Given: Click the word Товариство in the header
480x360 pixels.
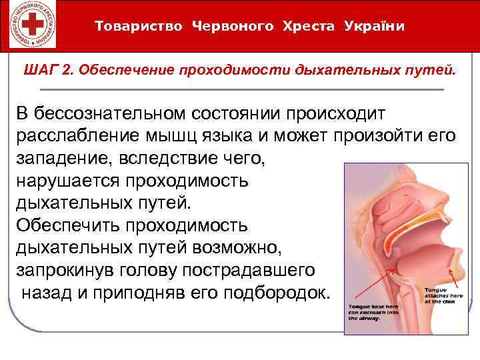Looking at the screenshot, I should [x=140, y=26].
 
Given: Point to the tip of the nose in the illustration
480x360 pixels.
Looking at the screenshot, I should [x=463, y=198].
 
